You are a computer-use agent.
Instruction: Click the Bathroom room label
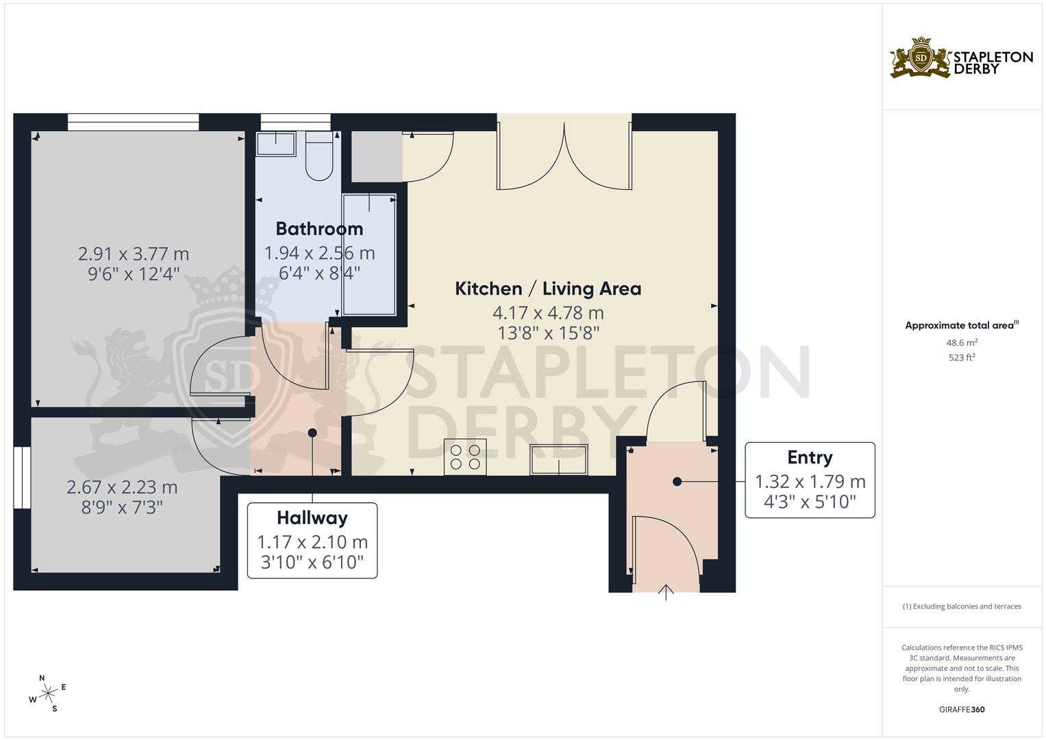click(319, 229)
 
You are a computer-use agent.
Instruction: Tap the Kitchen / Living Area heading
click(548, 288)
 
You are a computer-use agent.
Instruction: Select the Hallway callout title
click(312, 518)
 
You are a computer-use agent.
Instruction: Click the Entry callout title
click(810, 458)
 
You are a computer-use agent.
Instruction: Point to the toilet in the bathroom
click(319, 156)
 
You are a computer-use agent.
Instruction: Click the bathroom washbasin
click(275, 144)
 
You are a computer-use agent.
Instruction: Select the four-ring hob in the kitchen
click(465, 457)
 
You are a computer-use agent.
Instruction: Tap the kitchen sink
click(559, 459)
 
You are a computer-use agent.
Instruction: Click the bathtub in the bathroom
click(369, 254)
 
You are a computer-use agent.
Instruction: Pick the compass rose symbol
click(48, 693)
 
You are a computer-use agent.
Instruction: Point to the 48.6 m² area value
click(962, 343)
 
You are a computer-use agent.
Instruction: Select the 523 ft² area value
click(962, 358)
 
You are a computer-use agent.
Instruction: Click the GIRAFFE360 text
click(962, 710)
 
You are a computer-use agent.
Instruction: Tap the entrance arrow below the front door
click(667, 593)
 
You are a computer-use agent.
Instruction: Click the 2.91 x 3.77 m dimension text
click(134, 254)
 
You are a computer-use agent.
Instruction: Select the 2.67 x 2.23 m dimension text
click(122, 488)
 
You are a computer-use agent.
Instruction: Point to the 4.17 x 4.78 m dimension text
click(548, 313)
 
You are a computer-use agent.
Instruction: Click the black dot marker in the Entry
click(677, 482)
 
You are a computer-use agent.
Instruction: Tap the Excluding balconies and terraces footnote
click(962, 606)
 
